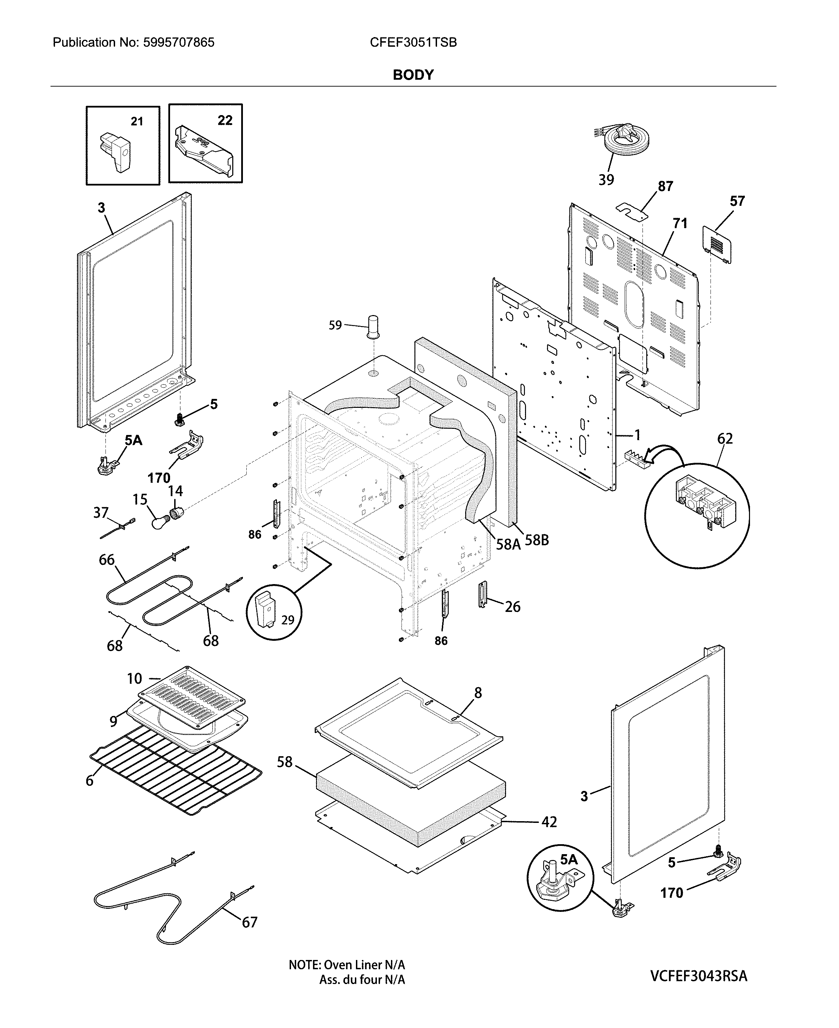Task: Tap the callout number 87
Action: tap(665, 186)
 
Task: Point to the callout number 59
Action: tap(335, 325)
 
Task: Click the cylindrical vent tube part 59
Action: tap(373, 328)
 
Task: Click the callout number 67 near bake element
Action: tap(249, 922)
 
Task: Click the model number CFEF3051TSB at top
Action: tap(413, 43)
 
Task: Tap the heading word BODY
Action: tap(413, 75)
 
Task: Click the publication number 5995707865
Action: tap(178, 43)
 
